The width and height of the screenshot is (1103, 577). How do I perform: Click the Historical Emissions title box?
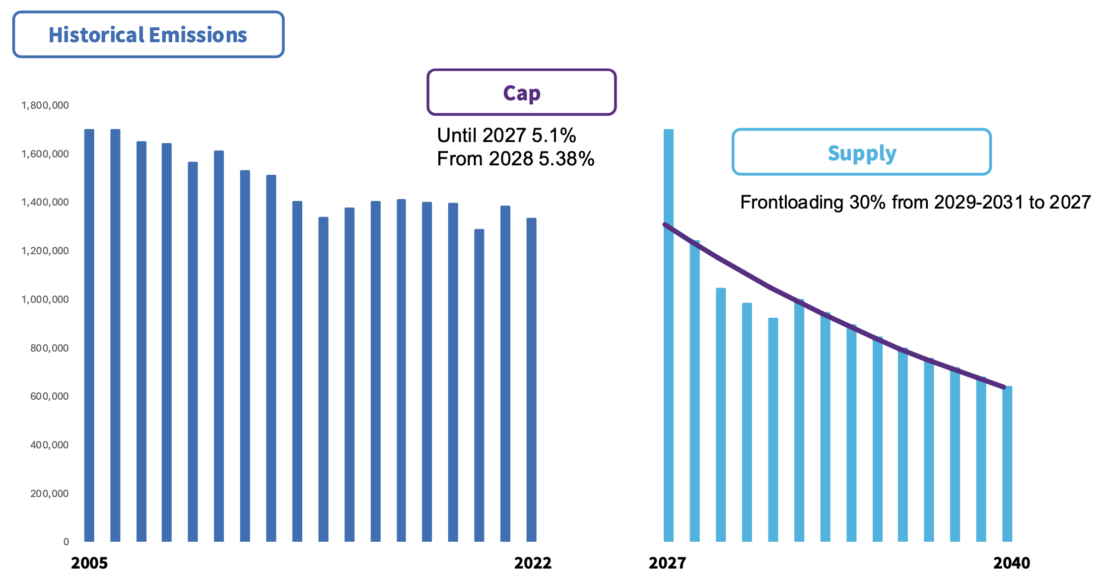click(x=148, y=35)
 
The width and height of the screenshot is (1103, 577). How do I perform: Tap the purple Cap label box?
click(x=521, y=93)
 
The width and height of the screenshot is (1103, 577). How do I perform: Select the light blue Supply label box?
click(x=861, y=152)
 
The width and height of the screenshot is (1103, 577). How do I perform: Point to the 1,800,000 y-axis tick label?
click(x=45, y=105)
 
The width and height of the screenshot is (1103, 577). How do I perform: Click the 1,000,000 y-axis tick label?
click(x=45, y=299)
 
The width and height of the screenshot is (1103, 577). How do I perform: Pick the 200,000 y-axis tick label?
click(x=49, y=494)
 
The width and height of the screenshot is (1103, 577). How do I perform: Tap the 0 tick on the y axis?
click(x=66, y=542)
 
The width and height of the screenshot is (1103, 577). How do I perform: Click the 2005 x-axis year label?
click(x=89, y=563)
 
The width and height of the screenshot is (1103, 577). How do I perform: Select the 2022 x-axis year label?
click(x=533, y=563)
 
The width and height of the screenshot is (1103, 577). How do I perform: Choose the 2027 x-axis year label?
click(x=667, y=563)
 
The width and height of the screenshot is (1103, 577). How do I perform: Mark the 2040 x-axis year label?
click(x=1012, y=563)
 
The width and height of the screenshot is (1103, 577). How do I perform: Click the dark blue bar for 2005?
click(x=89, y=338)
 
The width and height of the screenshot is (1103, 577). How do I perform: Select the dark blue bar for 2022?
click(x=531, y=382)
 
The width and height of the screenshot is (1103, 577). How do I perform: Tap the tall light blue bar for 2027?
click(x=669, y=338)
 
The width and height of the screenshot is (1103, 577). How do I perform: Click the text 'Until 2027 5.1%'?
click(x=506, y=135)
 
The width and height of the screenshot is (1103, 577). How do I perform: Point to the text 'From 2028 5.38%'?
click(x=515, y=159)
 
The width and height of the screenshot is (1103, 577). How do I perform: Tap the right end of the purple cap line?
click(x=1004, y=387)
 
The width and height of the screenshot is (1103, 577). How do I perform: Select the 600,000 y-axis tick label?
click(x=49, y=396)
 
